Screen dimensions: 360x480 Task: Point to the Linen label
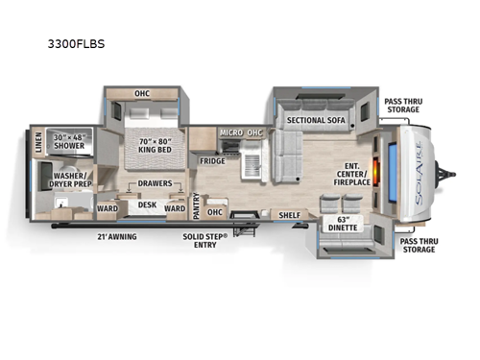click(x=37, y=144)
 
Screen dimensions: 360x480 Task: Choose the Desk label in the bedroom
click(x=147, y=204)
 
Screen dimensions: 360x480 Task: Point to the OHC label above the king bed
click(x=142, y=93)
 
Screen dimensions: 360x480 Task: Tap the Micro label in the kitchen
click(x=229, y=132)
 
